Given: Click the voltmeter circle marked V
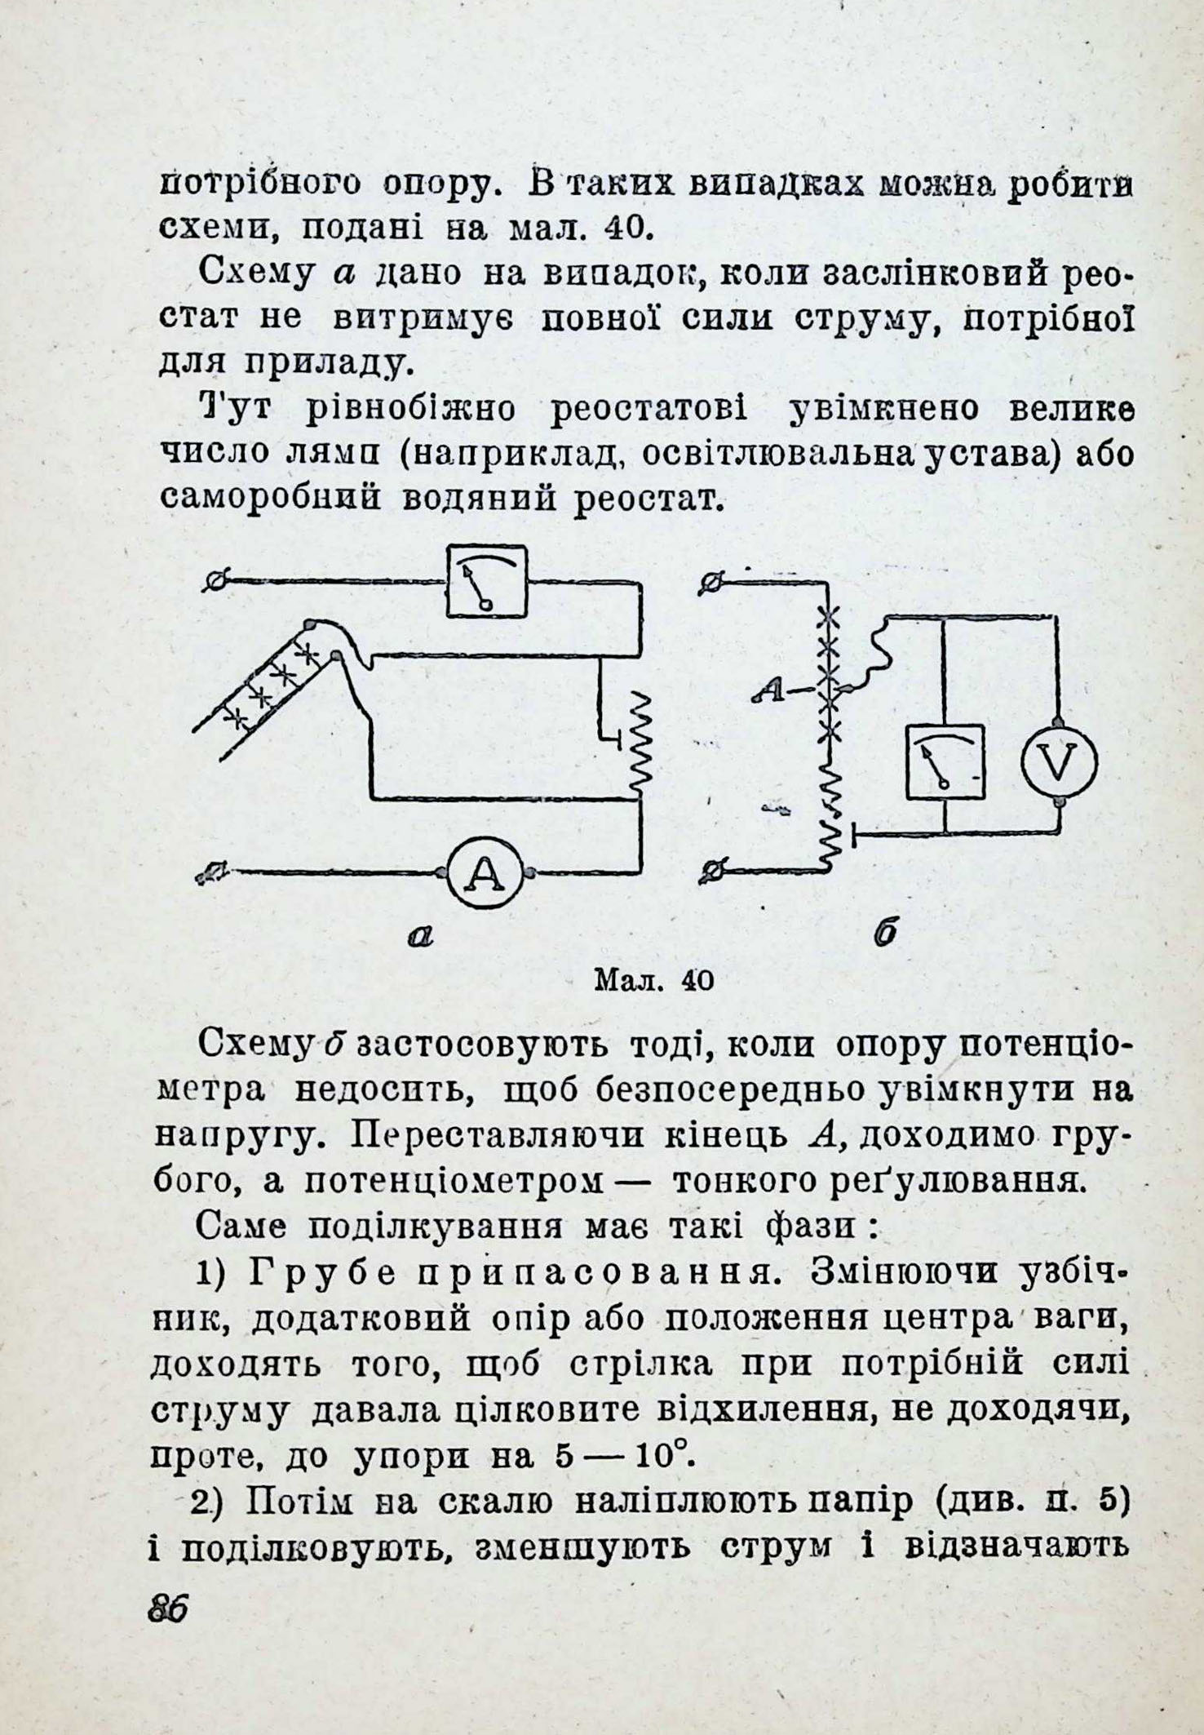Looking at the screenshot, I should point(1059,763).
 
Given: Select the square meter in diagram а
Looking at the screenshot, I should point(486,583).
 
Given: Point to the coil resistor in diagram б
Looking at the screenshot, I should point(830,816).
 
